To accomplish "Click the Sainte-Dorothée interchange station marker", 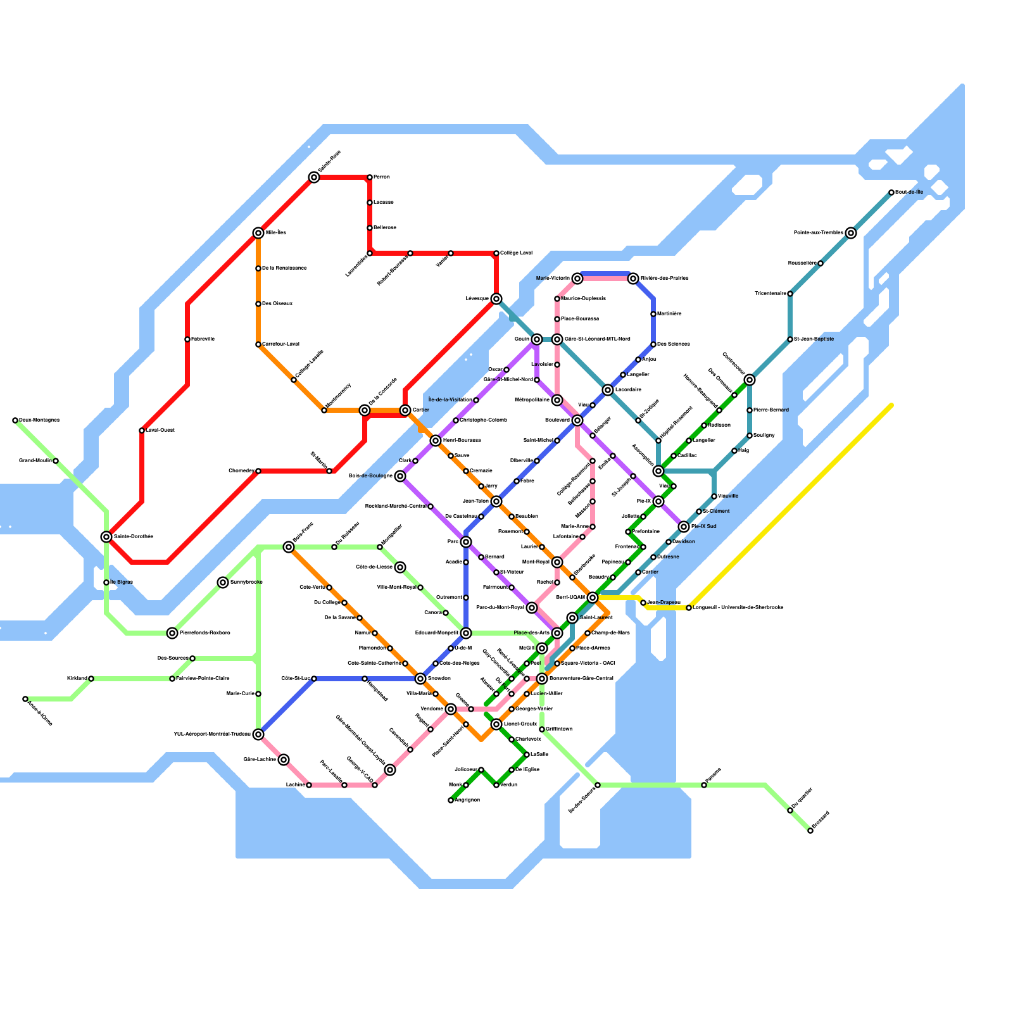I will pos(106,537).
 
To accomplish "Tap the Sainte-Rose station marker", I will pos(314,177).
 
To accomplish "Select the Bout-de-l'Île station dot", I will pos(891,192).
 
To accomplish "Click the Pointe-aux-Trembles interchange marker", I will pos(851,233).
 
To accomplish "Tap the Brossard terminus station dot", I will pos(810,831).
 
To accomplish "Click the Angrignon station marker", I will pos(451,800).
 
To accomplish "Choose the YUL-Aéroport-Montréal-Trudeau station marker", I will pos(258,734).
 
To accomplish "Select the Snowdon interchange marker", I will pos(420,679).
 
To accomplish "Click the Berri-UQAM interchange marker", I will pos(593,598).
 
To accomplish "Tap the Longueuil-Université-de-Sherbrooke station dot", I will pos(689,608).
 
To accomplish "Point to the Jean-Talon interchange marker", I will pos(496,501).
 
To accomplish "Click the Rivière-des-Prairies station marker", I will pos(633,279).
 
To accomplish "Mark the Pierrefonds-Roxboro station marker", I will pos(172,633).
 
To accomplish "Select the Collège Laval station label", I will pos(516,253).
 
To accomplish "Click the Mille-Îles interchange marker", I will pos(258,233).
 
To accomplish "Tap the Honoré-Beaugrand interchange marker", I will pos(719,410).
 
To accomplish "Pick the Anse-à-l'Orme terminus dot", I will pos(25,699).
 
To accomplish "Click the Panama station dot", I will pos(704,785).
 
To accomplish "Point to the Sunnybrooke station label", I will pos(246,582).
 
